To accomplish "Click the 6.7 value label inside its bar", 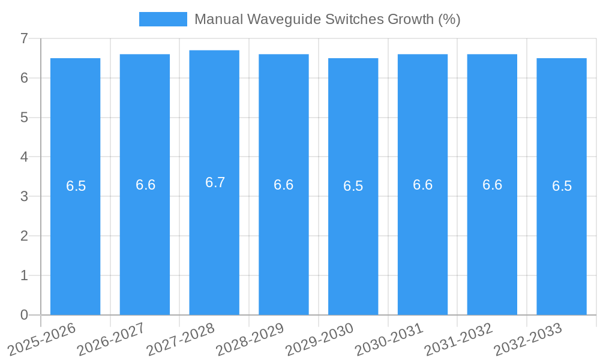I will pos(215,182).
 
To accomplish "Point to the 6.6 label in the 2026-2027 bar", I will pos(145,185).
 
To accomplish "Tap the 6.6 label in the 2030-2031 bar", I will pos(422,185).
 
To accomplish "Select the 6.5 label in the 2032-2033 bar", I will pos(562,186).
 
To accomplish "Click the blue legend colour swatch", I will pos(163,19).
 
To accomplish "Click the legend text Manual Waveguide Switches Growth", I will pos(327,19).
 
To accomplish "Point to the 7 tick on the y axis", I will pos(24,38).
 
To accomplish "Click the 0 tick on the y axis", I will pos(24,315).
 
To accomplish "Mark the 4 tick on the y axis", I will pos(24,157).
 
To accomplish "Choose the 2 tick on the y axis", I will pos(24,236).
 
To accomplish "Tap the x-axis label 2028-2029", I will pos(251,339).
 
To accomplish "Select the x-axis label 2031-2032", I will pos(459,339).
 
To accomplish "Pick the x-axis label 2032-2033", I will pos(529,339).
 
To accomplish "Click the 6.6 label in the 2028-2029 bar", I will pos(284,185).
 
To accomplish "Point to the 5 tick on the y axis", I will pos(24,118).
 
